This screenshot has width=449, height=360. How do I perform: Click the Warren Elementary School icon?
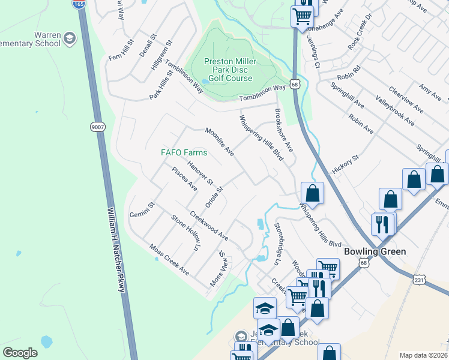(x=70, y=39)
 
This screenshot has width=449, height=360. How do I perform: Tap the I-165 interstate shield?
(x=79, y=4)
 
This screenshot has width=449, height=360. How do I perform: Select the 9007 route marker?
(x=98, y=127)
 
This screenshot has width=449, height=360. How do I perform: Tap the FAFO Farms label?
(x=184, y=152)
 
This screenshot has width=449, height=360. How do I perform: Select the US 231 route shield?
(x=421, y=278)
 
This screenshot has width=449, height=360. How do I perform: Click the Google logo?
(x=20, y=352)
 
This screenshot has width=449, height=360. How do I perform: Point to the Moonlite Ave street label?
(x=219, y=142)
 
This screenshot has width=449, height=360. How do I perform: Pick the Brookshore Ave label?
(x=283, y=130)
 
